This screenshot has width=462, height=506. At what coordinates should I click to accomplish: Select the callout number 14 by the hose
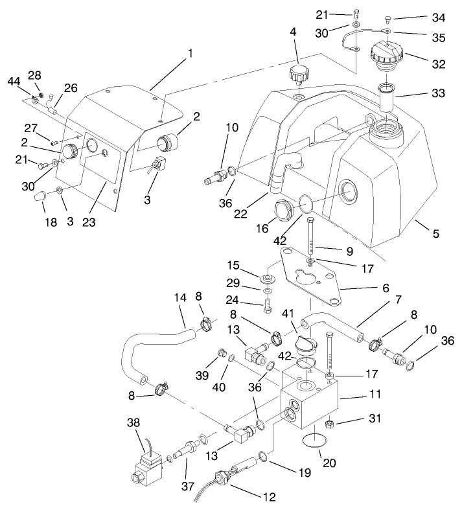pos(181,298)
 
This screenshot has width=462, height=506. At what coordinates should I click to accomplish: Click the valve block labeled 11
pos(308,405)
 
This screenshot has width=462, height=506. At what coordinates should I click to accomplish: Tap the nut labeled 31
pos(329,424)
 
